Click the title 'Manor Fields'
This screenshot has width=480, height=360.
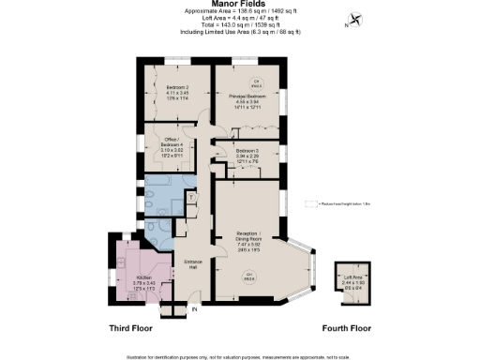pos(240,5)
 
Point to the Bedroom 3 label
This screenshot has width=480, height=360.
pos(247,153)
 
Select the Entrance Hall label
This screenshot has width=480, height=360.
pos(193,263)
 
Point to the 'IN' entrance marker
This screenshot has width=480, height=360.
pos(195,308)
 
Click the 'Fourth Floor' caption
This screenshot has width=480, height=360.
pos(347,329)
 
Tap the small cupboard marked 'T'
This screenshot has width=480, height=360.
pos(190,198)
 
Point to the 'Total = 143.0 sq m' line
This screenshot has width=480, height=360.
pos(240,25)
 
